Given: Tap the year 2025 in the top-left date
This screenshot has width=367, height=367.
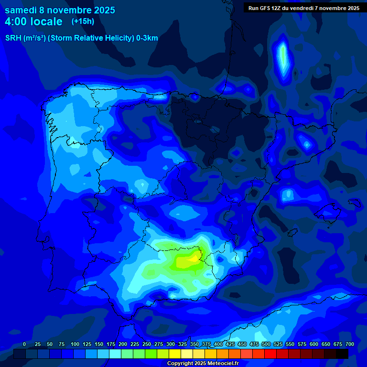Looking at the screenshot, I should coord(102,10).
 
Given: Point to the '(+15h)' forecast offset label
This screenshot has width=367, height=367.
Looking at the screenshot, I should coord(83,22).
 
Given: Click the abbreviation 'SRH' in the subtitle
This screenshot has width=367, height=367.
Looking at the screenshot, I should coord(13,38).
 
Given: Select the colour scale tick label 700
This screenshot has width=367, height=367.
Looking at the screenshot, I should coord(349,345).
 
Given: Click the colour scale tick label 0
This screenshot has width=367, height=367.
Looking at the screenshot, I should coord(24,345).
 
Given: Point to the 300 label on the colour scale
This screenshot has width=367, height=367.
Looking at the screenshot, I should coord(171,345).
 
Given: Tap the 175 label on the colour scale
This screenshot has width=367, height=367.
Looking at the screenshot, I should coord(111,345).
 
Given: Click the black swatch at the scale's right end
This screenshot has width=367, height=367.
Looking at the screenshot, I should coord(342,354).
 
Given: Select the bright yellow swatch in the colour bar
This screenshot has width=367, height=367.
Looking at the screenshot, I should coord(175,354).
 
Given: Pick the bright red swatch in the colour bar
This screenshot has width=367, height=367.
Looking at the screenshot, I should coord(270,354).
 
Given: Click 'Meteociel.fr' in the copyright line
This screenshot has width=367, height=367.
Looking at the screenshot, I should coord(221,364).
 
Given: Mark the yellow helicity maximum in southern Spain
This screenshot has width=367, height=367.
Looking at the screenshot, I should coord(194,258).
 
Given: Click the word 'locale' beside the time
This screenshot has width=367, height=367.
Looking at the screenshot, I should coord(46,22).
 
